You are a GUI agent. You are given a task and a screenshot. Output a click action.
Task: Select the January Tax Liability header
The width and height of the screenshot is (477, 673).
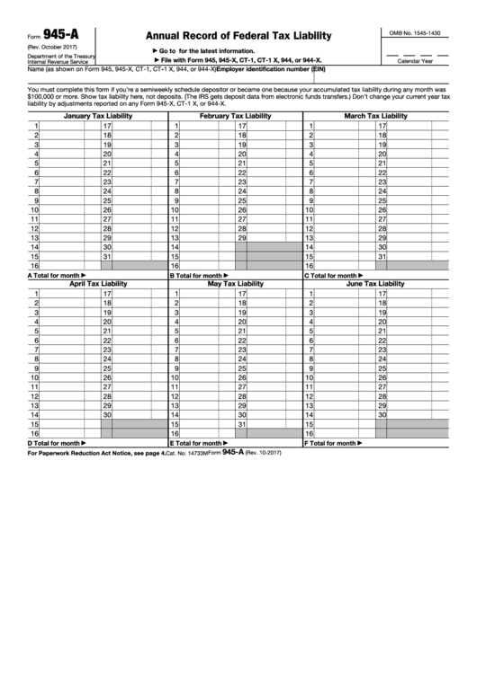pyautogui.click(x=97, y=117)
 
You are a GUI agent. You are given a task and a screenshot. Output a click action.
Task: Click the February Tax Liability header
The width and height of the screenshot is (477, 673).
pyautogui.click(x=235, y=117)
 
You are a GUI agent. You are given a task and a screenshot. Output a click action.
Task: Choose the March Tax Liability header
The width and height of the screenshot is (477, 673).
pyautogui.click(x=375, y=117)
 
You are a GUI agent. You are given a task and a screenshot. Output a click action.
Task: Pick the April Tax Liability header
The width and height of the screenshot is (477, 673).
pyautogui.click(x=98, y=283)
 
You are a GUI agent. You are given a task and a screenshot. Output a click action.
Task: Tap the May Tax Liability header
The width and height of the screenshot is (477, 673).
pyautogui.click(x=235, y=283)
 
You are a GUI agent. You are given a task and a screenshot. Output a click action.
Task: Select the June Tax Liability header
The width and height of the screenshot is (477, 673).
pyautogui.click(x=375, y=283)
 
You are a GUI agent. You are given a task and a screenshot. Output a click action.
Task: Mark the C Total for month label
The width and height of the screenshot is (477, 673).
pyautogui.click(x=335, y=275)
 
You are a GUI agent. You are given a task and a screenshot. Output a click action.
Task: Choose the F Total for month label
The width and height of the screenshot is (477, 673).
pyautogui.click(x=335, y=443)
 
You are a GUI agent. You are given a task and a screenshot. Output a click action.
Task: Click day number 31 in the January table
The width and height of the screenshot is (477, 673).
pyautogui.click(x=106, y=256)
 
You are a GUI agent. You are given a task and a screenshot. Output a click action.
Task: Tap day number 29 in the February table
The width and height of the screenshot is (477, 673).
pyautogui.click(x=241, y=237)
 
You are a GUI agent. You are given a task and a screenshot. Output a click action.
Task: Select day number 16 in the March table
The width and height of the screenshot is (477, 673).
pyautogui.click(x=311, y=266)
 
